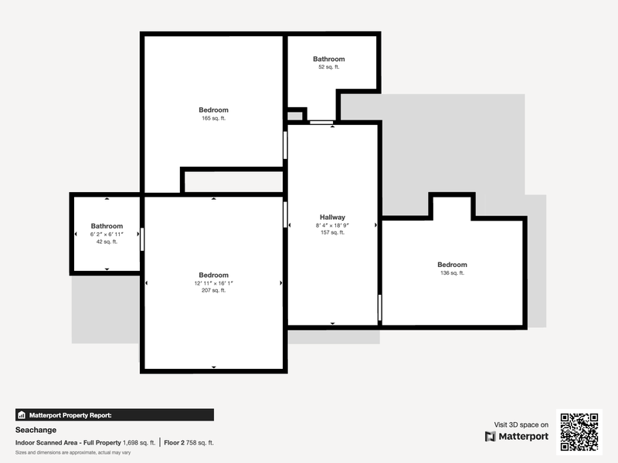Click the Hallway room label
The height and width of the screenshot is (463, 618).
(x=332, y=218)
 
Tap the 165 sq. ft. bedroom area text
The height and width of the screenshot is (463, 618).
(x=214, y=118)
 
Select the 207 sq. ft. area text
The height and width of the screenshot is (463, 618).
(x=214, y=291)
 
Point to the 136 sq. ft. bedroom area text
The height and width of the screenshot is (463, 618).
(x=452, y=273)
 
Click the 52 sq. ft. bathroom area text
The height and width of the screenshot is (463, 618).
(x=329, y=67)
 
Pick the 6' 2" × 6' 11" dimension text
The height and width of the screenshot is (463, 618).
(x=107, y=235)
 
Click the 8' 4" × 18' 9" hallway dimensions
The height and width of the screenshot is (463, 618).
(x=332, y=225)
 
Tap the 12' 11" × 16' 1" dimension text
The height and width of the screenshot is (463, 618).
(x=214, y=283)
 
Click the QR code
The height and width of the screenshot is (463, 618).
(x=579, y=432)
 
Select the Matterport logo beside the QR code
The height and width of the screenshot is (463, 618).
(x=517, y=436)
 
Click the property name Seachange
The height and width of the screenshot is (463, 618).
(x=36, y=430)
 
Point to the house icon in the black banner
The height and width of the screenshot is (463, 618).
(x=22, y=415)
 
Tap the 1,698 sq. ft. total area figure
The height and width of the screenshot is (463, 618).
(x=139, y=442)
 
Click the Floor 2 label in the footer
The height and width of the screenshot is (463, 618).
(x=175, y=442)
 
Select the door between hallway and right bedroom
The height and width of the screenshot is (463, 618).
(x=380, y=307)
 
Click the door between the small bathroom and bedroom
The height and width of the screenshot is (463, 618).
(x=142, y=239)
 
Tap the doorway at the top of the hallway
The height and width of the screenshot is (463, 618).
(x=321, y=123)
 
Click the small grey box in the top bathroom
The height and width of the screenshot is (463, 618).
(x=295, y=117)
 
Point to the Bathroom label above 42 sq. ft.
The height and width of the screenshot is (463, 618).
(x=107, y=226)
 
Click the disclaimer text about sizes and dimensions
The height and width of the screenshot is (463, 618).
(x=73, y=452)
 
